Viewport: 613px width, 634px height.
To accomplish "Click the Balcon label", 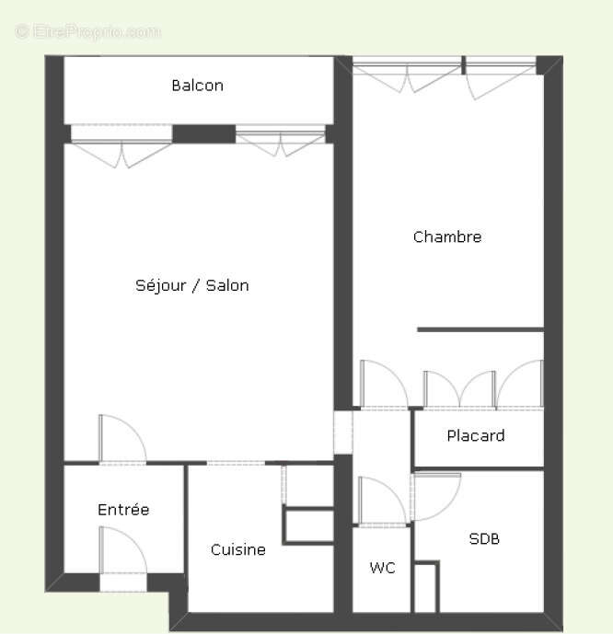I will click(x=197, y=86).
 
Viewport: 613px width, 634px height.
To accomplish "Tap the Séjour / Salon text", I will click(x=192, y=285).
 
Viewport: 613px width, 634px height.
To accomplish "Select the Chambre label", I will click(x=447, y=236).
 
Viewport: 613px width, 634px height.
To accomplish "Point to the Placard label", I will click(x=476, y=435).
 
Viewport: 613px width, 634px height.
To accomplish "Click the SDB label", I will click(x=484, y=539).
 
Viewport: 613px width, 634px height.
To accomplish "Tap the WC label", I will click(x=382, y=568).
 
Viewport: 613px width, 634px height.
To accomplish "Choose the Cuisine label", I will click(x=237, y=549).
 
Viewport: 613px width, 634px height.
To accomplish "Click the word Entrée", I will click(x=123, y=509).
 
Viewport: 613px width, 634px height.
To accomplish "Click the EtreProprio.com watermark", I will click(x=88, y=31).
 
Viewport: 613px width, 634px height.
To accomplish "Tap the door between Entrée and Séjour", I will click(x=121, y=439).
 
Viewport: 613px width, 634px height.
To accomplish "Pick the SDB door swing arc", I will click(x=436, y=497).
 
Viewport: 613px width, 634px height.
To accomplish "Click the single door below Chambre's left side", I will click(x=383, y=384).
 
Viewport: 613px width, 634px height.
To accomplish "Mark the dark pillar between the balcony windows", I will click(x=203, y=133).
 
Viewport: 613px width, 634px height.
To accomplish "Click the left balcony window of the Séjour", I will click(x=121, y=145).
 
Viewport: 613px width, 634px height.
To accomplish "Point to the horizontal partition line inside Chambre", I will click(x=480, y=329).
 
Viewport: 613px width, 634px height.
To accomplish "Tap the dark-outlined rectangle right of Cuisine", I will click(x=308, y=525).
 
